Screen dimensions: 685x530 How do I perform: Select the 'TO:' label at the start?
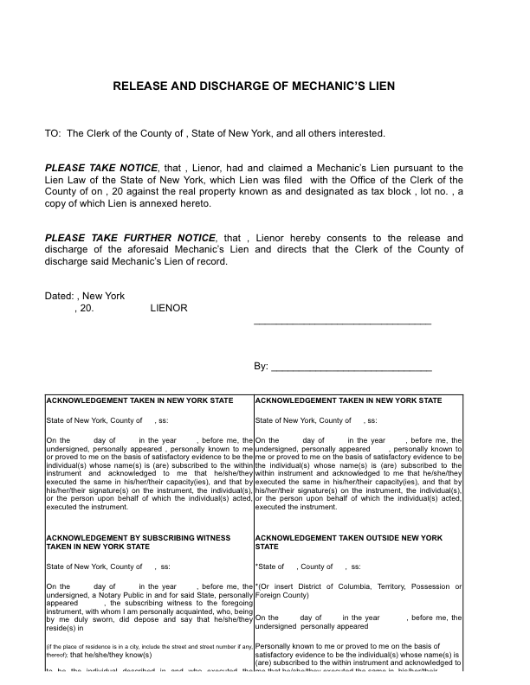tap(53, 133)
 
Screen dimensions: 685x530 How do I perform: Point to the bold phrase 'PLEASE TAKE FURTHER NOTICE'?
tap(130, 238)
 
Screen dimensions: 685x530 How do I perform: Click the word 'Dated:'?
tap(60, 296)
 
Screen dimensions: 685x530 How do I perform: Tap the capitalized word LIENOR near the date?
tap(169, 307)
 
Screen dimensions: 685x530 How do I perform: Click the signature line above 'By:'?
tap(342, 322)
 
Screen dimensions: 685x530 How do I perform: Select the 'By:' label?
tap(261, 366)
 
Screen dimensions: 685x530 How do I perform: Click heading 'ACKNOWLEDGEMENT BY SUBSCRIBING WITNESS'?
tap(138, 538)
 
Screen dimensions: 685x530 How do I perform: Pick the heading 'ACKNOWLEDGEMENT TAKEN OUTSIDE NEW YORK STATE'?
tap(348, 538)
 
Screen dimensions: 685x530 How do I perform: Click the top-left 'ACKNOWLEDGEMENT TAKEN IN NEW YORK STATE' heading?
tap(139, 400)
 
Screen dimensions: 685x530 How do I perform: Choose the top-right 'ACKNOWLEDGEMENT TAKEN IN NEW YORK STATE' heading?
tap(348, 400)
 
